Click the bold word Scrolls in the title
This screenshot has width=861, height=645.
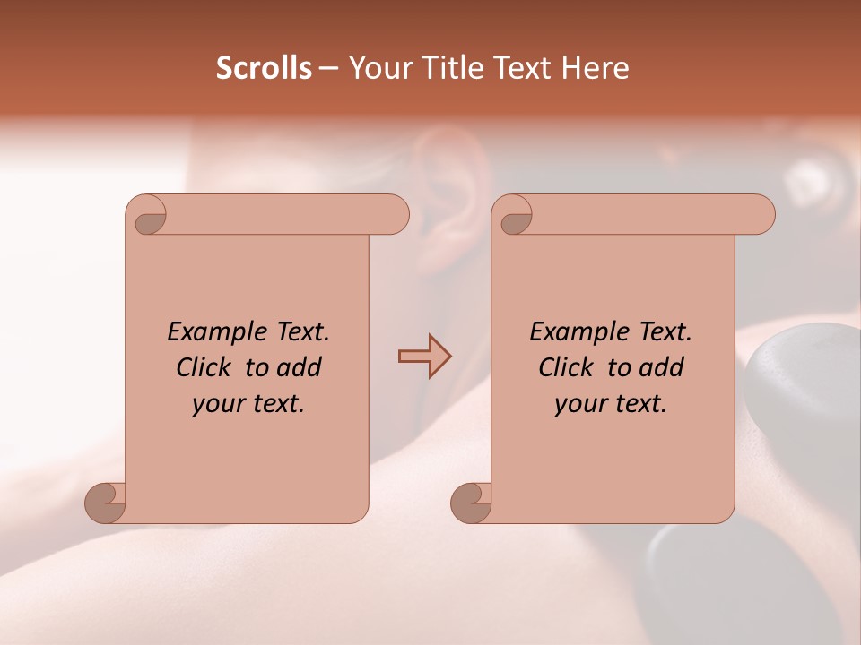point(264,68)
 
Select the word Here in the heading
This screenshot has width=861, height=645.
point(595,68)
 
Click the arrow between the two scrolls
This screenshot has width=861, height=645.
point(424,357)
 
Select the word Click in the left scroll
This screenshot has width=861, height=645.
point(206,367)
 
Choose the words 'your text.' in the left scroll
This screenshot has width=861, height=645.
point(248,403)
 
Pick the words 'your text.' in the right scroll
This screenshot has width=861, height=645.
point(611,403)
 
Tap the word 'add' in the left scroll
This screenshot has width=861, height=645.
point(300,367)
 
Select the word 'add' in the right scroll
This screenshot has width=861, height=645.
point(662,367)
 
